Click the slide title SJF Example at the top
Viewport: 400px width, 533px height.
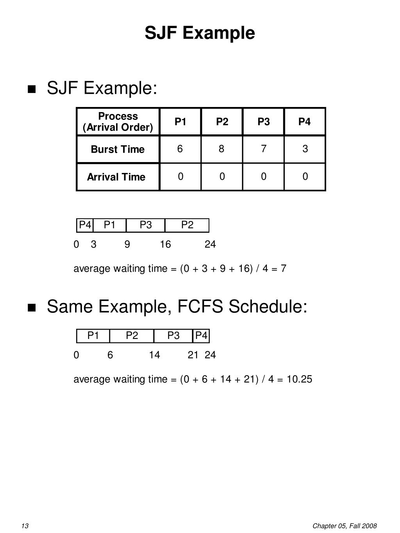coord(200,33)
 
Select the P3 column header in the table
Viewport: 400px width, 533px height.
coord(264,122)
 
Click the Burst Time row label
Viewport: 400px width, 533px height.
coord(118,149)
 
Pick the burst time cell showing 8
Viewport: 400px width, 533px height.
coord(221,149)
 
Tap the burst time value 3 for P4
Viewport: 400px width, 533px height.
coord(305,149)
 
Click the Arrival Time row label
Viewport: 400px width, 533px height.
coord(116,177)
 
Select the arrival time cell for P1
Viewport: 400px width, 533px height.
coord(180,176)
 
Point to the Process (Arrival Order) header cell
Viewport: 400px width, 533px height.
coord(118,122)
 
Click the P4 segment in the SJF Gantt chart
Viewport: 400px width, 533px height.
coord(85,225)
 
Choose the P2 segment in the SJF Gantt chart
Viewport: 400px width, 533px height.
coord(187,225)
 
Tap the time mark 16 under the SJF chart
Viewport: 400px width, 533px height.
coord(165,244)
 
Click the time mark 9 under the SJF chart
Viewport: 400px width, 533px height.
coord(127,244)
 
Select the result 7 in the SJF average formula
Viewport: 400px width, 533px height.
coord(283,269)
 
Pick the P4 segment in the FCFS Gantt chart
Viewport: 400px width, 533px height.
coord(201,335)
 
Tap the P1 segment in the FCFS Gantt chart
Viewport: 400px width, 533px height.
coord(93,335)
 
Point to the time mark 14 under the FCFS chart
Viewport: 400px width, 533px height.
coord(154,355)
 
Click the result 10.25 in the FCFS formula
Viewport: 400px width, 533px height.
coord(299,379)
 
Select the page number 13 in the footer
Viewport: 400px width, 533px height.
coord(25,526)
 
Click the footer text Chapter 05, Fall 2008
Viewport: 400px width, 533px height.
coord(344,526)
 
